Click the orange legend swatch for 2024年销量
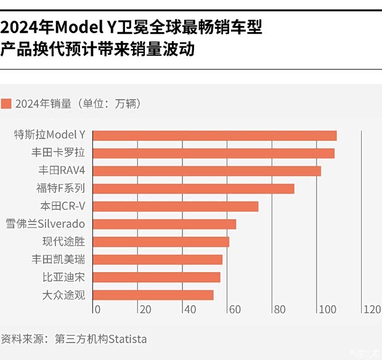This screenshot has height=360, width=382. (x=7, y=103)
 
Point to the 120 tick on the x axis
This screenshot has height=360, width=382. (x=372, y=310)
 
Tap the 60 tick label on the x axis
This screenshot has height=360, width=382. (x=234, y=310)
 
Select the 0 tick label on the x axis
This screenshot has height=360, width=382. (x=97, y=310)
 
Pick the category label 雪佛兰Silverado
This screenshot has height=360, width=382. (x=44, y=224)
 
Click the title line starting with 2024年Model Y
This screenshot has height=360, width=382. (x=131, y=28)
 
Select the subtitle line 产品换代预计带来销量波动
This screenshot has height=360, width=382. (x=97, y=49)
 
